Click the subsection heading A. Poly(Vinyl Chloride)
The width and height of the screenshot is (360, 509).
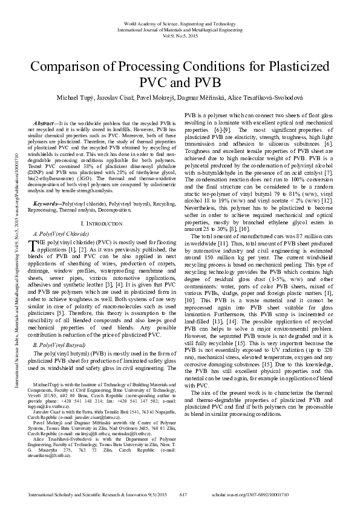[64, 216]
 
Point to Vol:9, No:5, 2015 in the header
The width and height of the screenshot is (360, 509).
[180, 35]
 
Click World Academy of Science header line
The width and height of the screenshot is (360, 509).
[180, 22]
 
